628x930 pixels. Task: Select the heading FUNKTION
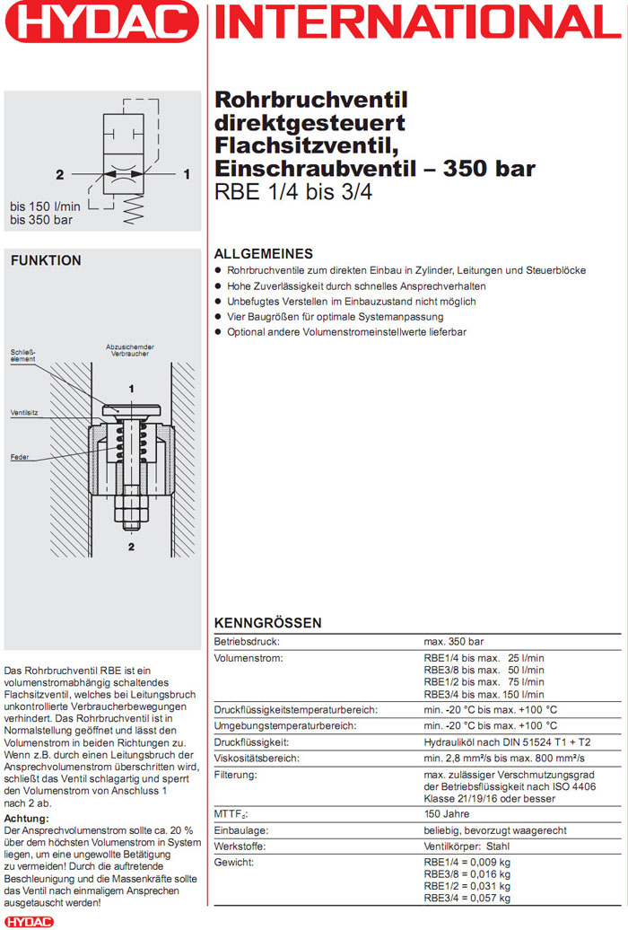pos(46,260)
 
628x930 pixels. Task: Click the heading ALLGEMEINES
pos(263,254)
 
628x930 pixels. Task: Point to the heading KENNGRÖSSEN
pos(267,623)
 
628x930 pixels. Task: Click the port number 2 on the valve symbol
pos(59,174)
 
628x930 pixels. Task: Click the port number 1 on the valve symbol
pos(187,174)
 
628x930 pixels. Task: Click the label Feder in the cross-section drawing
pos(20,457)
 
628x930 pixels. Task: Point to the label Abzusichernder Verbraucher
pos(130,351)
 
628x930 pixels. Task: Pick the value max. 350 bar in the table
pos(453,642)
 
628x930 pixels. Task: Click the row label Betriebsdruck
pos(247,642)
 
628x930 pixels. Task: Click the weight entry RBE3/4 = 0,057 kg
pos(467,898)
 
